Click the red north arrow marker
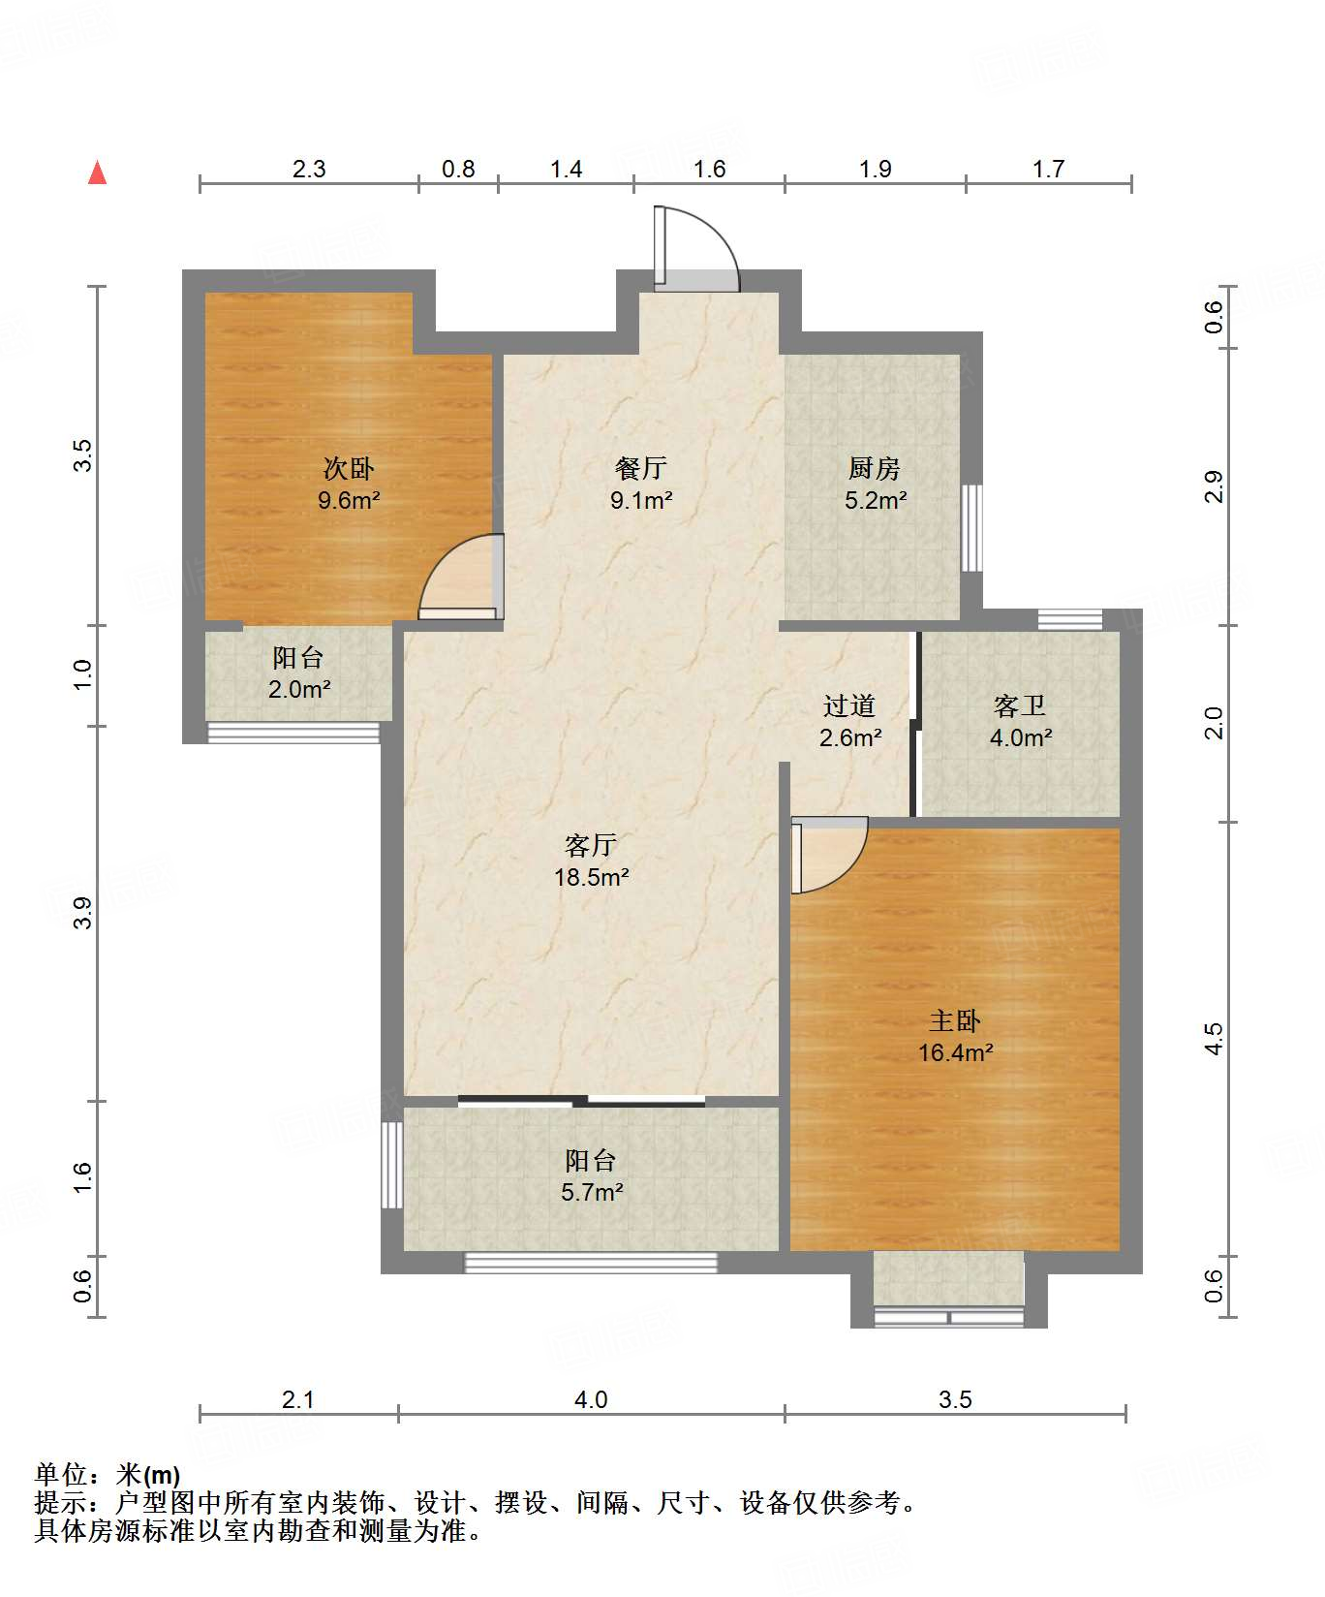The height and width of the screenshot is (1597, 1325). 97,172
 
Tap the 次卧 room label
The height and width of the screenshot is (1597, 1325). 349,469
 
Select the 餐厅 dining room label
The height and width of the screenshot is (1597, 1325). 641,469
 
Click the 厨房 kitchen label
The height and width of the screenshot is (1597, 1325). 875,469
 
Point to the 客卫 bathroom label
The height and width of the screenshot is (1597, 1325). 1020,706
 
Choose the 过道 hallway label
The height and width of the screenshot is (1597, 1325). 849,706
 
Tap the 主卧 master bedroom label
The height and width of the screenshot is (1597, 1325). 955,1021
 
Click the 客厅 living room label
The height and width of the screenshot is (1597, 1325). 591,846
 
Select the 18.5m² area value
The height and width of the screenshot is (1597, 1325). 591,878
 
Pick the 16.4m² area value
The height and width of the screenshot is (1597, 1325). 955,1053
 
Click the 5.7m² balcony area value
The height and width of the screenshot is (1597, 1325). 591,1193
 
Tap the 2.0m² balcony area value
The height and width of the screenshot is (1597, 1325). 299,690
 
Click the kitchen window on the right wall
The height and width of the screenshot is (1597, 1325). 971,528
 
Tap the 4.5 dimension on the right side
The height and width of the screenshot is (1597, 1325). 1215,1039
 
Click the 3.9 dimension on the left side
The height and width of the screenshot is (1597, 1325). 83,913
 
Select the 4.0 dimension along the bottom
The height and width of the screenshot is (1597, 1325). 591,1399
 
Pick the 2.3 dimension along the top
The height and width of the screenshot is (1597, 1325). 309,169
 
